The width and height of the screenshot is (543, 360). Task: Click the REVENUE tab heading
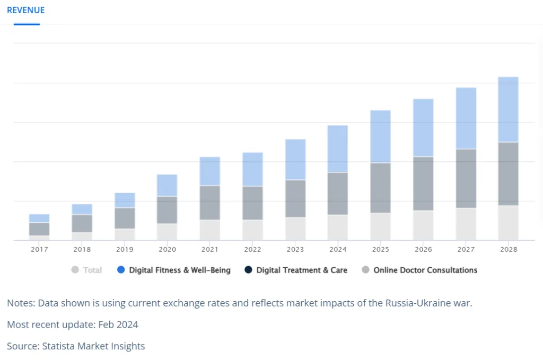[26, 10]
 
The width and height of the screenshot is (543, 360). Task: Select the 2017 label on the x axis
[39, 249]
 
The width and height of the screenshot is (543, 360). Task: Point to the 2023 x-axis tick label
[295, 249]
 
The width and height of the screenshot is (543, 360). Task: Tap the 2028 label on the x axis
[508, 249]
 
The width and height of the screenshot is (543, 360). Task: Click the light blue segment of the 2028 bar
[508, 109]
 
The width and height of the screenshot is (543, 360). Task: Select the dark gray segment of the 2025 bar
[380, 188]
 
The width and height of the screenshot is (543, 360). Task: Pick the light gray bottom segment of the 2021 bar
[210, 230]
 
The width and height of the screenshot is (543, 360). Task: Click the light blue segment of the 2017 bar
[39, 218]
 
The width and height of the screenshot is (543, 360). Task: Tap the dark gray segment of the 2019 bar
[125, 218]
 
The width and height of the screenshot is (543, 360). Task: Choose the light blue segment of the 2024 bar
[338, 148]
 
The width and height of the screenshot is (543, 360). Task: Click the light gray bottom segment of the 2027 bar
[466, 224]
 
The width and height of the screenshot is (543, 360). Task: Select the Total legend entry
[92, 270]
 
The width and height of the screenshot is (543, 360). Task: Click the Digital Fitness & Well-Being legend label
[180, 270]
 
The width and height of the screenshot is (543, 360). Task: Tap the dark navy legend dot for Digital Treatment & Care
[248, 270]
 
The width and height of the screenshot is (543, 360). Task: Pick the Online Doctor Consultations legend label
[425, 270]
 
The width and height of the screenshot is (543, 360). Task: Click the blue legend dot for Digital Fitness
[121, 270]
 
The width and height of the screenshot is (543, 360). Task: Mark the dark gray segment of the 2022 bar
[252, 203]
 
